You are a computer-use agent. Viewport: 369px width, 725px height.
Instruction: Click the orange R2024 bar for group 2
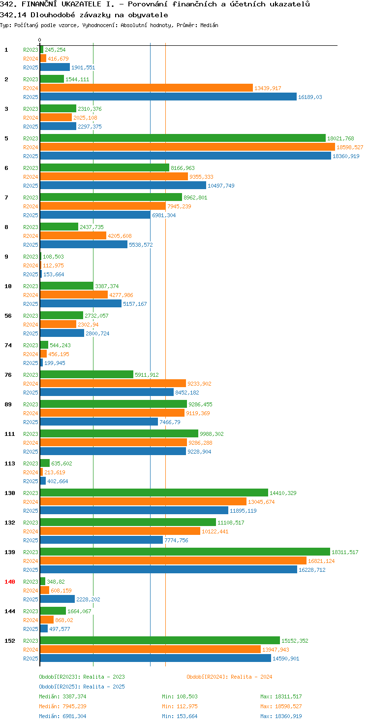[147, 88]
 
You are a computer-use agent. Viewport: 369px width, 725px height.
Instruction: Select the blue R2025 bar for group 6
[123, 186]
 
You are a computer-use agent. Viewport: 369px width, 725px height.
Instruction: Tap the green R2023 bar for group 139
[185, 552]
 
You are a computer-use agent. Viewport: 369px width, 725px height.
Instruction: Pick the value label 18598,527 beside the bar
[350, 147]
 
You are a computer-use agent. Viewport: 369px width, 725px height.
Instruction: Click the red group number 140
[10, 582]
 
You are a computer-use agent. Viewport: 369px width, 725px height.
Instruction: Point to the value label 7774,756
[176, 540]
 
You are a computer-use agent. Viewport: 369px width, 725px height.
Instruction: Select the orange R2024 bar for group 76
[113, 384]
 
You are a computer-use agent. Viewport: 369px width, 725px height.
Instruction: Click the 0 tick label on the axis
[39, 40]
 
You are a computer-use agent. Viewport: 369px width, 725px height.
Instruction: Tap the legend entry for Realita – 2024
[229, 677]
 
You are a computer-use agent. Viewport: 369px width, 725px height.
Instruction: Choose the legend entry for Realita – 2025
[82, 687]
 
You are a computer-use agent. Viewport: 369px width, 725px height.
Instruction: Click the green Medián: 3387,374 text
[63, 696]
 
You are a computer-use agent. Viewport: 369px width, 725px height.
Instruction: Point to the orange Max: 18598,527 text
[281, 706]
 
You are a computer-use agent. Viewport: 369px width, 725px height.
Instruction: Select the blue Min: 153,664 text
[180, 716]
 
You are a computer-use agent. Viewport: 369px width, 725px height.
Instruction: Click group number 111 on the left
[10, 434]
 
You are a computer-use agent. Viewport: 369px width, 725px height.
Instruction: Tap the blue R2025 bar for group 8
[84, 245]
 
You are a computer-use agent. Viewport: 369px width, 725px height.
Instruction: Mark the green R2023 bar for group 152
[160, 640]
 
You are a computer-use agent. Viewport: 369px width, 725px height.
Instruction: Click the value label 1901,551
[83, 67]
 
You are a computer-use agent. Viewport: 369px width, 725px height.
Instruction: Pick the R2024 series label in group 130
[31, 502]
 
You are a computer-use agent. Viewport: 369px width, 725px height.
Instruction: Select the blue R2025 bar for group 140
[58, 599]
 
